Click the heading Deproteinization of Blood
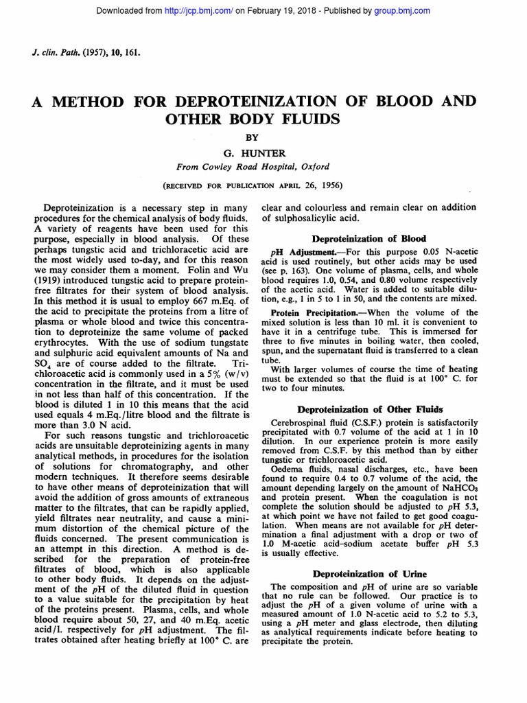[x=368, y=239]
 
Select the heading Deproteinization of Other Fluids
[x=368, y=409]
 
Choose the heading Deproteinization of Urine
[x=369, y=573]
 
